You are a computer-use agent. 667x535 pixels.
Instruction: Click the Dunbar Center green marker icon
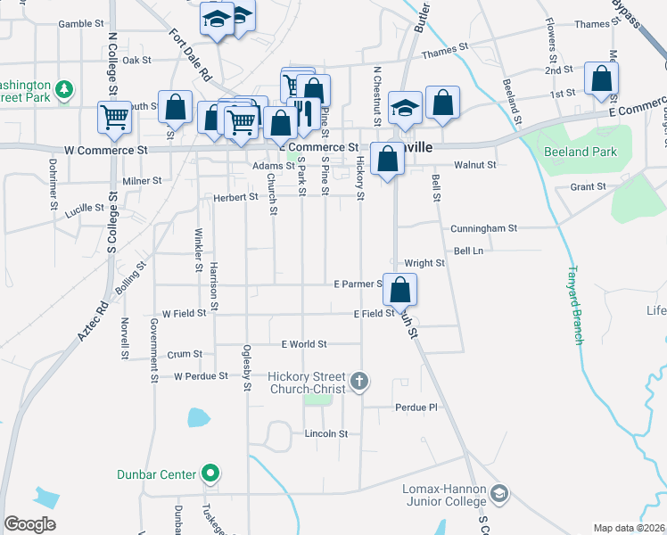(210, 473)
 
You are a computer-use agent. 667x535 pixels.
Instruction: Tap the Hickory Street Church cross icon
(359, 382)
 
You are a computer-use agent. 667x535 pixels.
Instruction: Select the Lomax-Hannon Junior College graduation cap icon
(500, 493)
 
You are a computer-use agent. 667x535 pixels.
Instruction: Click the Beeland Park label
(580, 152)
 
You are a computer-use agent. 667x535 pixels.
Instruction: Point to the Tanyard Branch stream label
(577, 305)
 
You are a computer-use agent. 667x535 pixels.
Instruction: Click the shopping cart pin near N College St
(115, 117)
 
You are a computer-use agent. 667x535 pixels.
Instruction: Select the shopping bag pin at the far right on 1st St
(602, 78)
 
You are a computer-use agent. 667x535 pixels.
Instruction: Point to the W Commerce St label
(106, 151)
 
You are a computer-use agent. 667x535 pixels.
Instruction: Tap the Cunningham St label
(483, 228)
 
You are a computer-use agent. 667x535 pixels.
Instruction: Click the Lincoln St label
(325, 434)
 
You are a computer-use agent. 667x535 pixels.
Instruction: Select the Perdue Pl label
(416, 407)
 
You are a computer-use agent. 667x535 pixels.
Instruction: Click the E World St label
(304, 344)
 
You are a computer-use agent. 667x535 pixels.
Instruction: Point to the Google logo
(29, 525)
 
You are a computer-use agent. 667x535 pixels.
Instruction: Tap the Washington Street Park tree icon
(63, 89)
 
